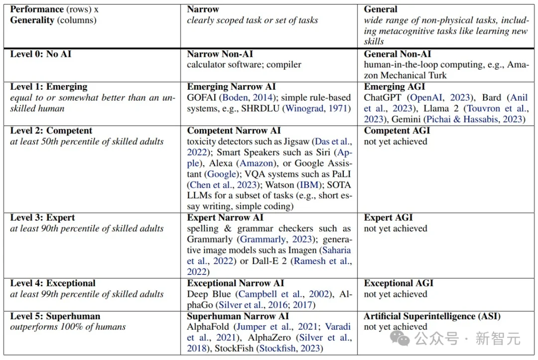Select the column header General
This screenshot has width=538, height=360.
[381, 9]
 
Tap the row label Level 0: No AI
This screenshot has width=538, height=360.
[41, 54]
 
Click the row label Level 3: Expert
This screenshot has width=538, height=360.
[43, 218]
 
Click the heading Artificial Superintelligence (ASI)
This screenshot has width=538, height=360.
[432, 316]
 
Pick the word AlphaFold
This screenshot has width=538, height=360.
[208, 327]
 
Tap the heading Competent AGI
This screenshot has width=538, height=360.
[397, 130]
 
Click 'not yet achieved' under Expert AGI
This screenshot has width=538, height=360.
[395, 229]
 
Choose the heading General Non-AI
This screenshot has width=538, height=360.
[398, 54]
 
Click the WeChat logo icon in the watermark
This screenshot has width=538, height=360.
[402, 339]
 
